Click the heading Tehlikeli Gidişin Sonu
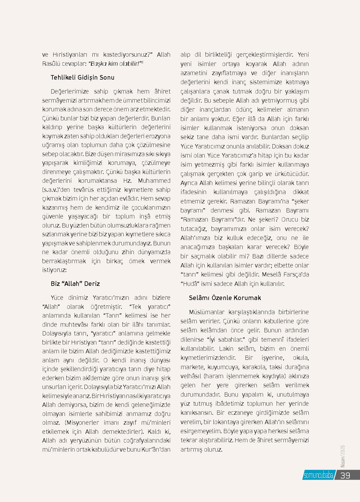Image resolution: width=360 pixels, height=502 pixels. point(82,77)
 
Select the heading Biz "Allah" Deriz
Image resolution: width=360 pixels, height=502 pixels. point(75,284)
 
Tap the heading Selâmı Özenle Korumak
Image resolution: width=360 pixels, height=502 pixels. point(225,298)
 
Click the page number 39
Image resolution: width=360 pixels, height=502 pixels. point(345,475)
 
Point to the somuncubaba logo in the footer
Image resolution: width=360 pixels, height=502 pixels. point(318,475)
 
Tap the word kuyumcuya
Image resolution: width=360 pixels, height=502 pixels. point(224,367)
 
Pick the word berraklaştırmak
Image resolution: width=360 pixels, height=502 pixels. point(64,261)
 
